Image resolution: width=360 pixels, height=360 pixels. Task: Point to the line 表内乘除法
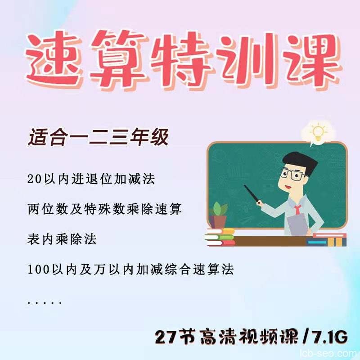[62, 239]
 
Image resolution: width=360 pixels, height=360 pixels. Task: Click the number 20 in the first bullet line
[34, 179]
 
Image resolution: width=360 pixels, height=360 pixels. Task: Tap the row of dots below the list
[45, 303]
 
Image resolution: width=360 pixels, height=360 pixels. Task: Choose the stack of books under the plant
[220, 237]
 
